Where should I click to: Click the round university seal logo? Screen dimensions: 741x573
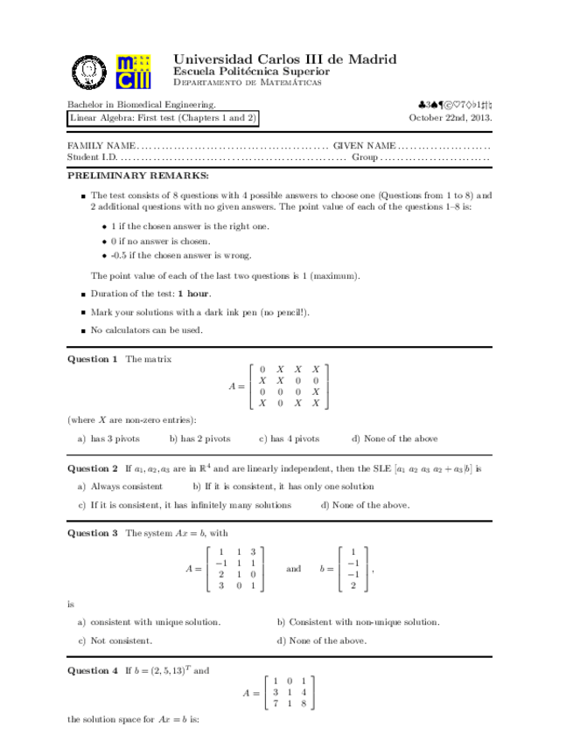pos(89,71)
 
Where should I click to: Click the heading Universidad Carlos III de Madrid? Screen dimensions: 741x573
pos(284,59)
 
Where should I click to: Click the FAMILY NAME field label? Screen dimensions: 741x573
pos(101,144)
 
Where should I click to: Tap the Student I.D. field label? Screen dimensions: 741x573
pos(92,157)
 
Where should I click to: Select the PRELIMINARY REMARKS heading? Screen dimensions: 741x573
pos(129,176)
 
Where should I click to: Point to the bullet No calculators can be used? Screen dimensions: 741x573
pos(146,329)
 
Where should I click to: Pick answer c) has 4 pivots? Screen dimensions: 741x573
pos(289,439)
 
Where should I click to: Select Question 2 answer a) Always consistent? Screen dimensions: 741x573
pos(120,486)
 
